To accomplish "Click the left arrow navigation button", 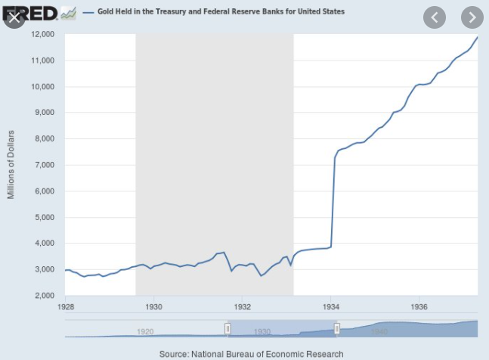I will coord(435,17).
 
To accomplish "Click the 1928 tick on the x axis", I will coord(66,308).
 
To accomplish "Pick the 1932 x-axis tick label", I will coord(243,308).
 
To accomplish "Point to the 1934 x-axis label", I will coord(331,308).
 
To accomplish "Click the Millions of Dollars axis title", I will coord(11,165).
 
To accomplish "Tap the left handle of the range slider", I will coord(227,328).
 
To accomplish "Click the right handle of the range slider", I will coord(337,328).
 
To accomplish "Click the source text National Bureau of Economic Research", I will coord(251,353).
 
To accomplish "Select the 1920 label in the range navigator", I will coord(145,331).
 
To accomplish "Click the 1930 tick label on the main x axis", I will coord(154,308).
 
